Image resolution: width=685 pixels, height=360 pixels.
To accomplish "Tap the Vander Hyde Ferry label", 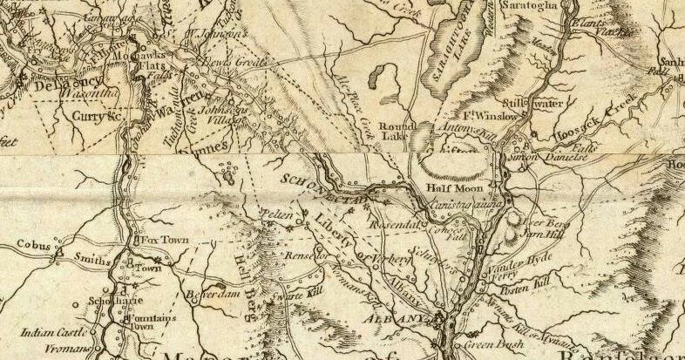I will [x=521, y=266].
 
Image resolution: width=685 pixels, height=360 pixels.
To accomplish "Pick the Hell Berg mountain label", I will [x=245, y=267].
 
